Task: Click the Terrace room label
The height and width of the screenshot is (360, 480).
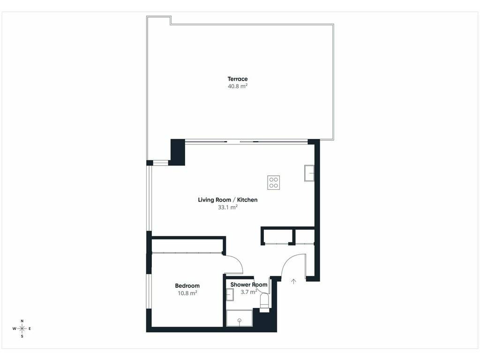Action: (x=238, y=79)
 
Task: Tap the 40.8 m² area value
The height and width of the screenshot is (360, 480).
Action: (x=238, y=86)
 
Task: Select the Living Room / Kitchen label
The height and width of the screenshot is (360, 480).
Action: (x=228, y=200)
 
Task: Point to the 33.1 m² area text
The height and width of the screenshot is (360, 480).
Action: (x=228, y=207)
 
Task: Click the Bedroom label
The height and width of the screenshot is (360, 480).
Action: (x=187, y=285)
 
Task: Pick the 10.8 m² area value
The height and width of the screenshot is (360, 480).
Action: (x=187, y=293)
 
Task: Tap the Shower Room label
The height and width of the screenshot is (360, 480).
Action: (x=249, y=285)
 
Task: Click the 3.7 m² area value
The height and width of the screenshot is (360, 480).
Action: (x=249, y=292)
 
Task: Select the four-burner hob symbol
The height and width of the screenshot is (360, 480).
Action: (x=273, y=182)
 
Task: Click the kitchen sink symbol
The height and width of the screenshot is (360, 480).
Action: (x=309, y=173)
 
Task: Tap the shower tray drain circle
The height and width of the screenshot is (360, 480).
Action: (x=240, y=320)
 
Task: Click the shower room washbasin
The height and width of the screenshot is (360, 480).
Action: (x=230, y=294)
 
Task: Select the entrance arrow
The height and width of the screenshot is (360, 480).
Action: (x=294, y=281)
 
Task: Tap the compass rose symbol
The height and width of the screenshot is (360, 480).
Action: (x=22, y=329)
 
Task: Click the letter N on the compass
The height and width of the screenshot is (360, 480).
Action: (x=22, y=321)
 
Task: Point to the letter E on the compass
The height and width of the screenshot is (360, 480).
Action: (x=30, y=329)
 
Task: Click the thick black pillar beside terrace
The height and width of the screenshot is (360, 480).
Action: (x=178, y=152)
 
